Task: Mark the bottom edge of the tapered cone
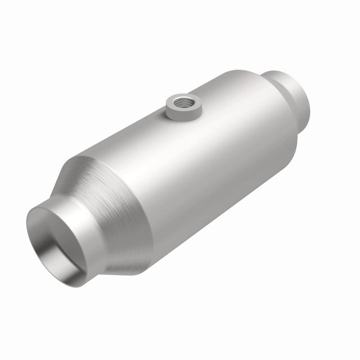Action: (x=125, y=272)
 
